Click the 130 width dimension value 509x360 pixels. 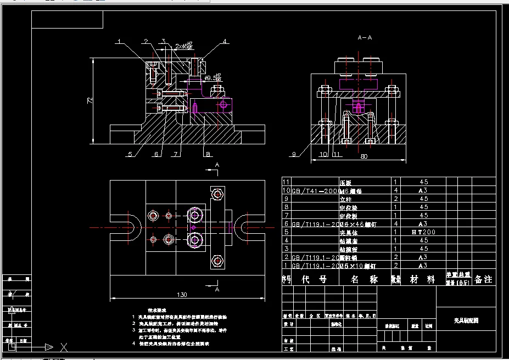tap(182, 295)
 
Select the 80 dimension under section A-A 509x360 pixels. tap(363, 156)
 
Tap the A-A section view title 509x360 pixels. tap(365, 38)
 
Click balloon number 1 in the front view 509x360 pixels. tap(118, 41)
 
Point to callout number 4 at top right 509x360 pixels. tap(225, 41)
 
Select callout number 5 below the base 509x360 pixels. tap(130, 154)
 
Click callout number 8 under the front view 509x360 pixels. tap(207, 154)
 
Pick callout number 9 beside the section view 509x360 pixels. tap(294, 154)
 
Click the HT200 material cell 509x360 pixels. tap(423, 232)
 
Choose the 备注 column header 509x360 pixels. tap(483, 279)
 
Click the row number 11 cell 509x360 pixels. tap(286, 182)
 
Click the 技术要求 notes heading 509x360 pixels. tap(156, 311)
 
